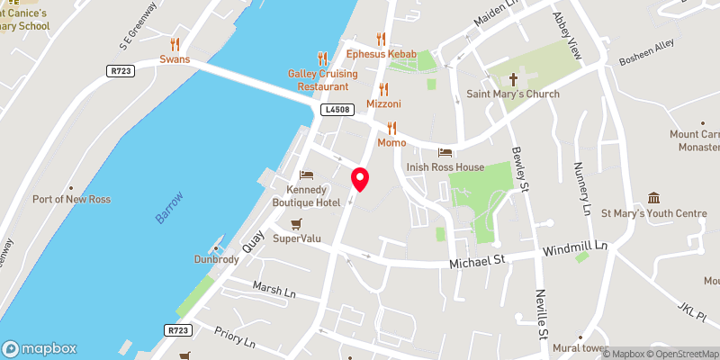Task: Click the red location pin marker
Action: click(x=360, y=179)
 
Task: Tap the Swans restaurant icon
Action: click(x=175, y=43)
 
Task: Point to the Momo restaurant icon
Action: click(x=391, y=128)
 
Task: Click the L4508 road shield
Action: click(x=337, y=110)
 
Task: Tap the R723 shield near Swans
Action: click(x=120, y=70)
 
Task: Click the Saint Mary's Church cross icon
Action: click(x=513, y=79)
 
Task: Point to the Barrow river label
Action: click(x=168, y=207)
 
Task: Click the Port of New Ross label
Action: click(x=71, y=199)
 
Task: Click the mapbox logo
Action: click(x=40, y=348)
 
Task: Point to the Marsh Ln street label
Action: click(x=274, y=292)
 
